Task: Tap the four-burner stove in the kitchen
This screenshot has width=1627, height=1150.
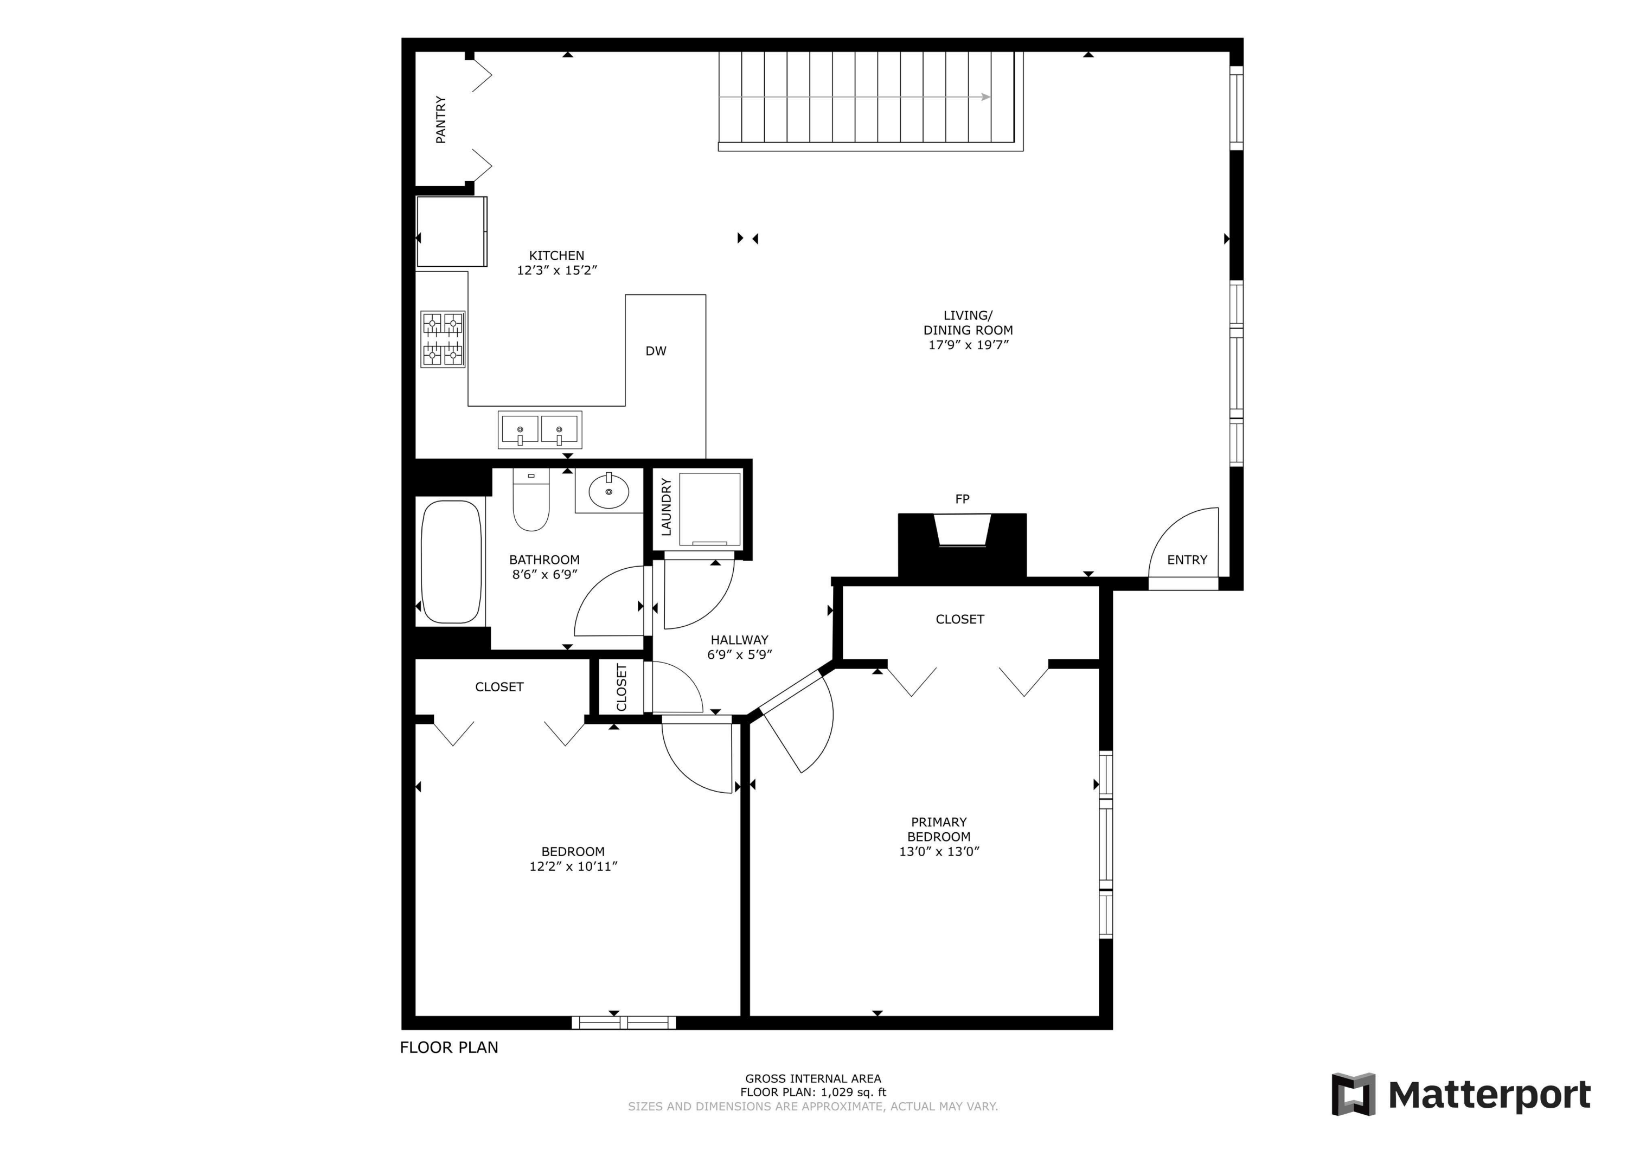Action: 443,339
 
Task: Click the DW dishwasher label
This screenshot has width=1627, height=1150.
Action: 656,351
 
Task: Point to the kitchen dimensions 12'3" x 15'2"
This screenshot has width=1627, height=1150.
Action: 557,271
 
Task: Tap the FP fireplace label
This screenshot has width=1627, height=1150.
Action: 962,499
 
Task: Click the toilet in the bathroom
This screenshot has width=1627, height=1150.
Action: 531,502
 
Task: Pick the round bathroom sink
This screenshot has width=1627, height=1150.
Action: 608,491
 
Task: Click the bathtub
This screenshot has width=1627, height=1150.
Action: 451,562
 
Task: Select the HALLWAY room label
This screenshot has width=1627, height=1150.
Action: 739,640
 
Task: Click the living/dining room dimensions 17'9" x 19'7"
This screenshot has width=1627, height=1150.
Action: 968,345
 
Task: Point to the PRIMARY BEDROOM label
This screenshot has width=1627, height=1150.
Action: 938,829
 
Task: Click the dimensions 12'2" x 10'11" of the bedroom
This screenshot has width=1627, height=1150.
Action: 573,866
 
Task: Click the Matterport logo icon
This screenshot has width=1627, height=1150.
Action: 1353,1094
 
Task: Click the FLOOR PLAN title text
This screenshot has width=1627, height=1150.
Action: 449,1048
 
